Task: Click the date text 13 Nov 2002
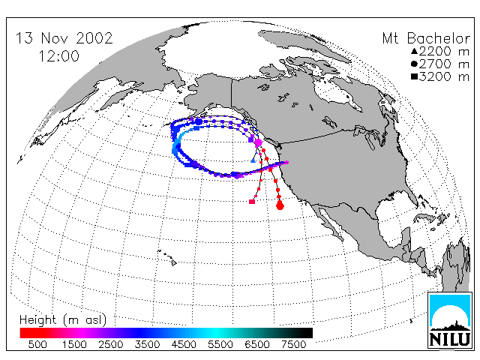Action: [64, 38]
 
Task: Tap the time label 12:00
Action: [59, 56]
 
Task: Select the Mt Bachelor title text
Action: [426, 38]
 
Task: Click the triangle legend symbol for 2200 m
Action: [415, 51]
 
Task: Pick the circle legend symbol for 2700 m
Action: [415, 64]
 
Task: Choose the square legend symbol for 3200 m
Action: [415, 76]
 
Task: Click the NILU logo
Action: [450, 320]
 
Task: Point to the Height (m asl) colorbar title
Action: [63, 319]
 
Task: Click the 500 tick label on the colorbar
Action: [37, 344]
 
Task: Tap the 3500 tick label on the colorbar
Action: [147, 344]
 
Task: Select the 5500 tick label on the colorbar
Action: [220, 344]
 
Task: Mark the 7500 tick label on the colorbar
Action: [293, 344]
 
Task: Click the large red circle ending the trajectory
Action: [280, 205]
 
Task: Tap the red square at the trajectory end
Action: [252, 202]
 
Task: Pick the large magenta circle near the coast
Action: [258, 142]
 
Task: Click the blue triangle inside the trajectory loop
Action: [253, 160]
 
